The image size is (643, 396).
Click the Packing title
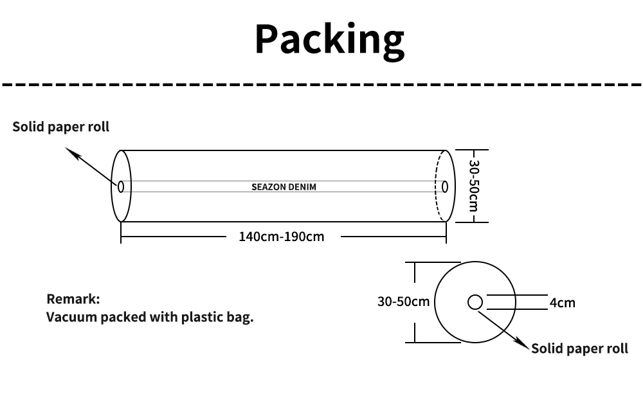[329, 39]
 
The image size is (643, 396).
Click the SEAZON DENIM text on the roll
[284, 187]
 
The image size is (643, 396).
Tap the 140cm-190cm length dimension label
[281, 237]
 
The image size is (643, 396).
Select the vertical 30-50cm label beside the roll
[473, 186]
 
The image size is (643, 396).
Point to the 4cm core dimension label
[562, 303]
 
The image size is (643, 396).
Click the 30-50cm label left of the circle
[403, 301]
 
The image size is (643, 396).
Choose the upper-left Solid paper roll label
[61, 127]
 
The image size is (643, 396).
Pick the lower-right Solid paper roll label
[579, 348]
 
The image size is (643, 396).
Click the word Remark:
[73, 299]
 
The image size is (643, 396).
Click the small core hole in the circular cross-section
[475, 302]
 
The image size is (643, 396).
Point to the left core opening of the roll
[120, 186]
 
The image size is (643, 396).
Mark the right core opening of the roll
[444, 186]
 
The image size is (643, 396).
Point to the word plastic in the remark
[202, 317]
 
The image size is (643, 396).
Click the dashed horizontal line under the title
[321, 84]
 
